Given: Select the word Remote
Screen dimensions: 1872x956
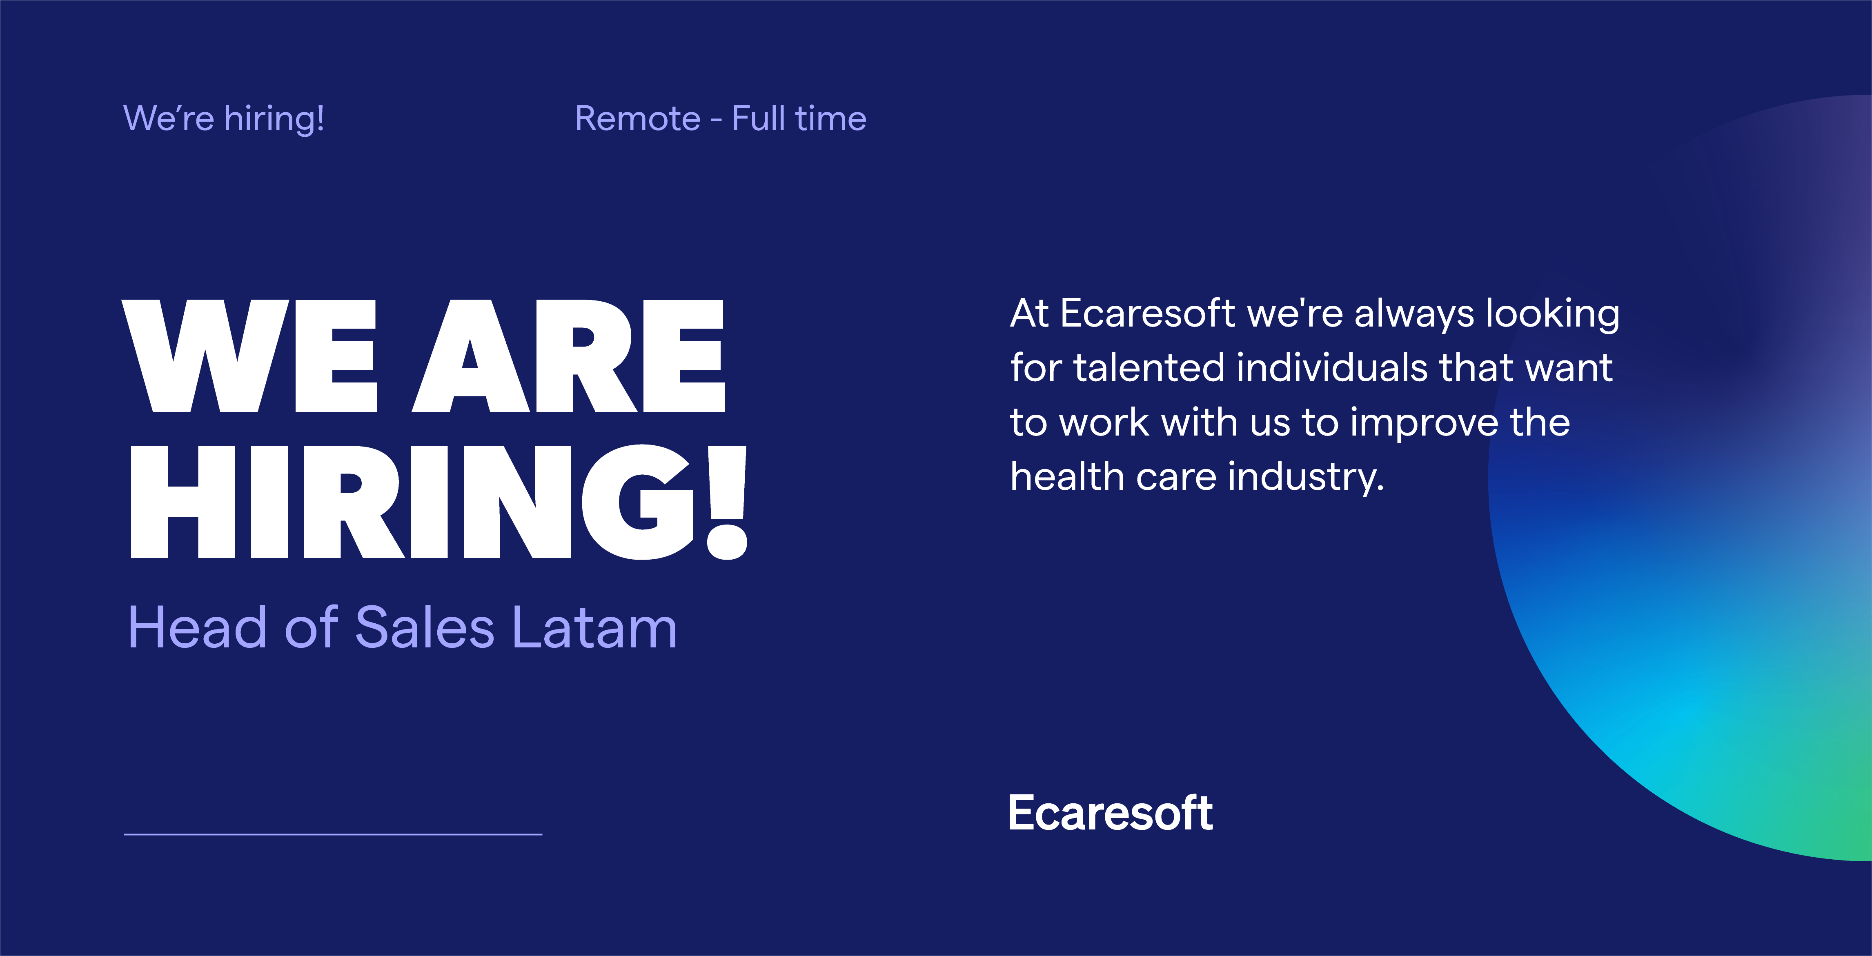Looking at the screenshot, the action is click(x=637, y=118).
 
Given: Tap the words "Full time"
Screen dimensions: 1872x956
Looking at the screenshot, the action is click(x=799, y=118).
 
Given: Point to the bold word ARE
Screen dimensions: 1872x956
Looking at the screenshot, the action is click(x=568, y=356).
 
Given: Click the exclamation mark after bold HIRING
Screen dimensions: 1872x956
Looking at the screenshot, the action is click(x=727, y=503).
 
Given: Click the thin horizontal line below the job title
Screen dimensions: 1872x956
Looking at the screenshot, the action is click(x=333, y=834).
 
